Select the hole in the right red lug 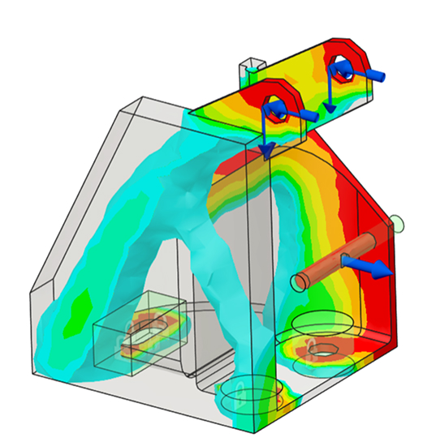tap(344, 74)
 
